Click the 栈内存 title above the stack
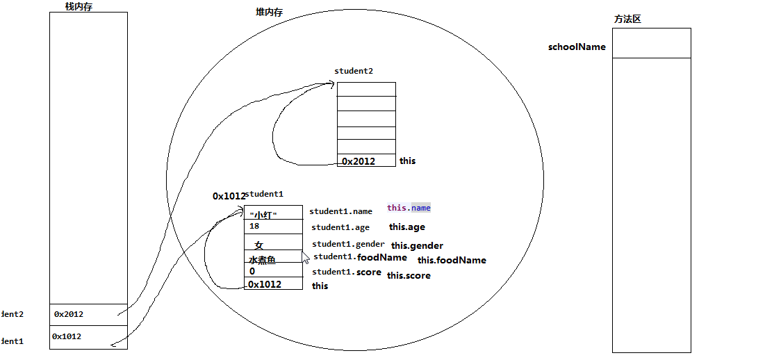point(78,7)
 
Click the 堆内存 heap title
point(269,13)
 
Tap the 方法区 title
point(627,19)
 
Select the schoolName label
point(577,47)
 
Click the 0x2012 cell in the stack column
point(88,314)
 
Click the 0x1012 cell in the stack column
point(88,336)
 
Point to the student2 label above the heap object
point(354,71)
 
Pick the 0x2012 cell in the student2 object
point(365,161)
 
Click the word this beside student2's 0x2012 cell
point(407,161)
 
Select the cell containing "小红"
point(272,213)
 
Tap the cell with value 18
point(272,227)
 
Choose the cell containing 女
point(272,245)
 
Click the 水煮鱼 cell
point(272,259)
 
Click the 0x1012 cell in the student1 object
point(272,284)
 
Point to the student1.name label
point(340,211)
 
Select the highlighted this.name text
point(409,208)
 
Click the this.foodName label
point(452,261)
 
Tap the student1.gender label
point(348,244)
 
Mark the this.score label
point(409,276)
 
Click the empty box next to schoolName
point(651,43)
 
